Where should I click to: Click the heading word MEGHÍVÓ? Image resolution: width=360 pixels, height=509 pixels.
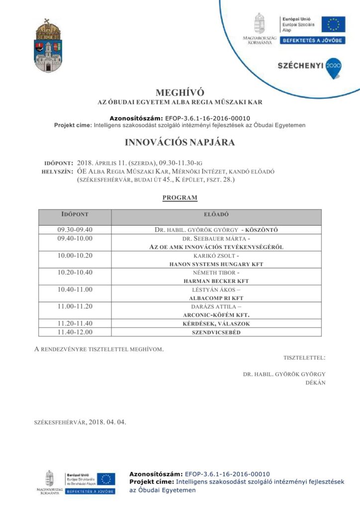[x=180, y=92]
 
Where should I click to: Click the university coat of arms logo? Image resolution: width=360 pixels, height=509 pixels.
[x=48, y=46]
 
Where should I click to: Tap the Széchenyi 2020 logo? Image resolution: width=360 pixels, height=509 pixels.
[x=309, y=67]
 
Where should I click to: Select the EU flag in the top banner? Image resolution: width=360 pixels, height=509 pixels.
[x=333, y=24]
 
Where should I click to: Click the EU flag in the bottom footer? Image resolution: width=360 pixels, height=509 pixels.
[x=105, y=479]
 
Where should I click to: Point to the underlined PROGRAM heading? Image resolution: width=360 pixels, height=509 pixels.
[x=180, y=198]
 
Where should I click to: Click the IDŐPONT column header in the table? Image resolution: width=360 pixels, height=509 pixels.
[x=75, y=214]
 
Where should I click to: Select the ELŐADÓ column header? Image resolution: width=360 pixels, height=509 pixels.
[x=216, y=214]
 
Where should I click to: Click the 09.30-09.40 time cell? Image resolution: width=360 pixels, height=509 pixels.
[x=75, y=230]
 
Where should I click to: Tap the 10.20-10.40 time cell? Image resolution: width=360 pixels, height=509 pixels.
[x=75, y=272]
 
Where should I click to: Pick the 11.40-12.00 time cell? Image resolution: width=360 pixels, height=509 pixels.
[x=75, y=332]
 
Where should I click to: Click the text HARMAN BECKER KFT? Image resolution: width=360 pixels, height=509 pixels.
[x=216, y=281]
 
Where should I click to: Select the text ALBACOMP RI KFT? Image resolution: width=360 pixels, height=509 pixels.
[x=216, y=298]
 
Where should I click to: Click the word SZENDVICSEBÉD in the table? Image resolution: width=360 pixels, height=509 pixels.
[x=216, y=332]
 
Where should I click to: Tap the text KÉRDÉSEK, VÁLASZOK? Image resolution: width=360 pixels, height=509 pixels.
[x=216, y=323]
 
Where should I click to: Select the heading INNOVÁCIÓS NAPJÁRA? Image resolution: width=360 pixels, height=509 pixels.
[x=180, y=143]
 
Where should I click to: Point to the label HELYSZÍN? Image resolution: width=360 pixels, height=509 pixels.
[x=59, y=171]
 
